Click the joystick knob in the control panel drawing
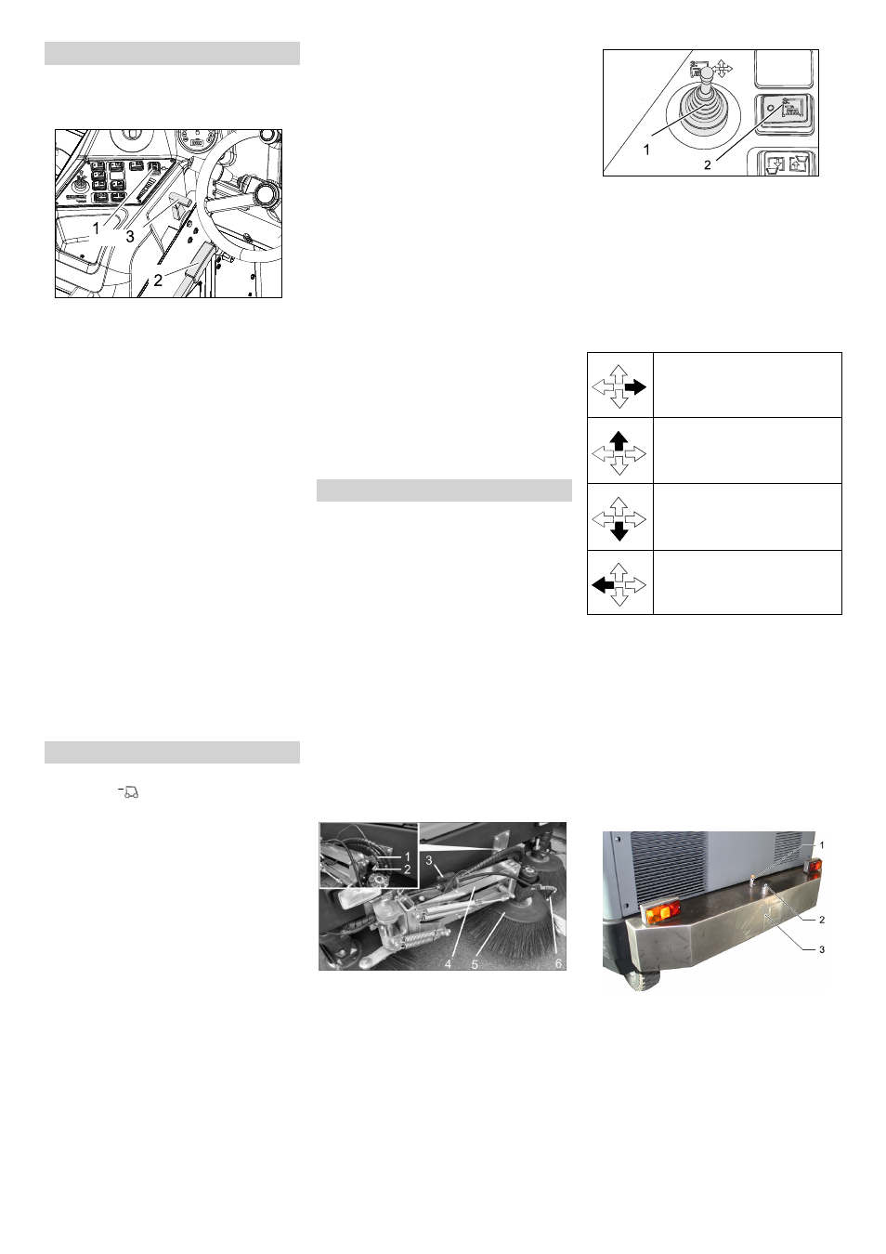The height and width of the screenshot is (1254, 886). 706,72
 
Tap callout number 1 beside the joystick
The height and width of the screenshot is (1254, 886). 646,150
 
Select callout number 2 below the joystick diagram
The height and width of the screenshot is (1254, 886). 708,165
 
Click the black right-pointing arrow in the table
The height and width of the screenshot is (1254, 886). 636,386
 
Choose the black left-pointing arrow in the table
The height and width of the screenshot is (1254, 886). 603,585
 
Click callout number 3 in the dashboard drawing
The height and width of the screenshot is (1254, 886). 130,237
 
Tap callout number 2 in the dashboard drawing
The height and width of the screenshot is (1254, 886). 158,280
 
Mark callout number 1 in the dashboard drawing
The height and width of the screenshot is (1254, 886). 97,229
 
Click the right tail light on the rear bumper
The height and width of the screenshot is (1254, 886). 814,867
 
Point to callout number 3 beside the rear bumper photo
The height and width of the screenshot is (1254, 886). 822,949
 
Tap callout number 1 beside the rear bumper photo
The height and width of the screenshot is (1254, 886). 822,844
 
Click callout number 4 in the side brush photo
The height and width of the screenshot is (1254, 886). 448,964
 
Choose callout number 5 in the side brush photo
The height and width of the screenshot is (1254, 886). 475,964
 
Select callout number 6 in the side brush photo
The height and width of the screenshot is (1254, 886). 558,963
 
